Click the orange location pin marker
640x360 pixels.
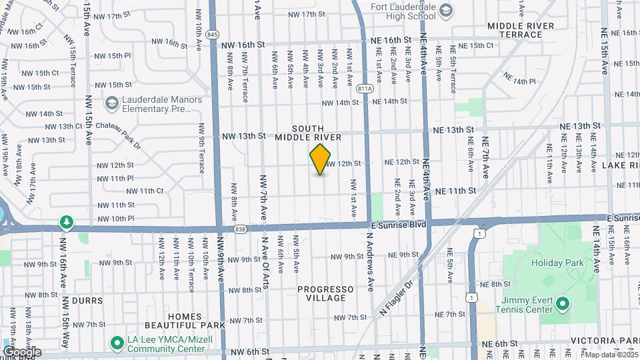tap(321, 159)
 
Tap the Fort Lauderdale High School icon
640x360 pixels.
tap(445, 9)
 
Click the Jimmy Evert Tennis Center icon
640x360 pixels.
tap(563, 305)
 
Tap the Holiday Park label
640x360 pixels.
tap(557, 263)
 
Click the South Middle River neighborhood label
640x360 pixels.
tap(317, 133)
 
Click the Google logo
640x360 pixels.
tap(22, 351)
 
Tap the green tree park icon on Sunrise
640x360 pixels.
tap(66, 221)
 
